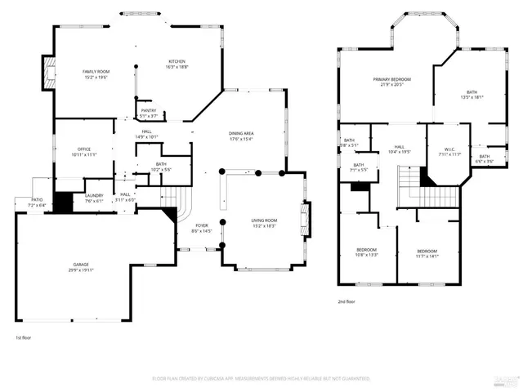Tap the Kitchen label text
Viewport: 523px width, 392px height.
177,65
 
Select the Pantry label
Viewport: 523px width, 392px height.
148,113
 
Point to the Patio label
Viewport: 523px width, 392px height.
37,201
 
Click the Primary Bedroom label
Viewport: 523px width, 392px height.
392,82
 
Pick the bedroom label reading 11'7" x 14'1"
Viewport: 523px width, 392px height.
427,253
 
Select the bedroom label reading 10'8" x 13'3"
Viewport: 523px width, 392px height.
366,252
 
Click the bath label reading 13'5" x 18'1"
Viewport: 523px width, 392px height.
472,94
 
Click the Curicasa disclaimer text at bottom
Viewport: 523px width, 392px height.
261,379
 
